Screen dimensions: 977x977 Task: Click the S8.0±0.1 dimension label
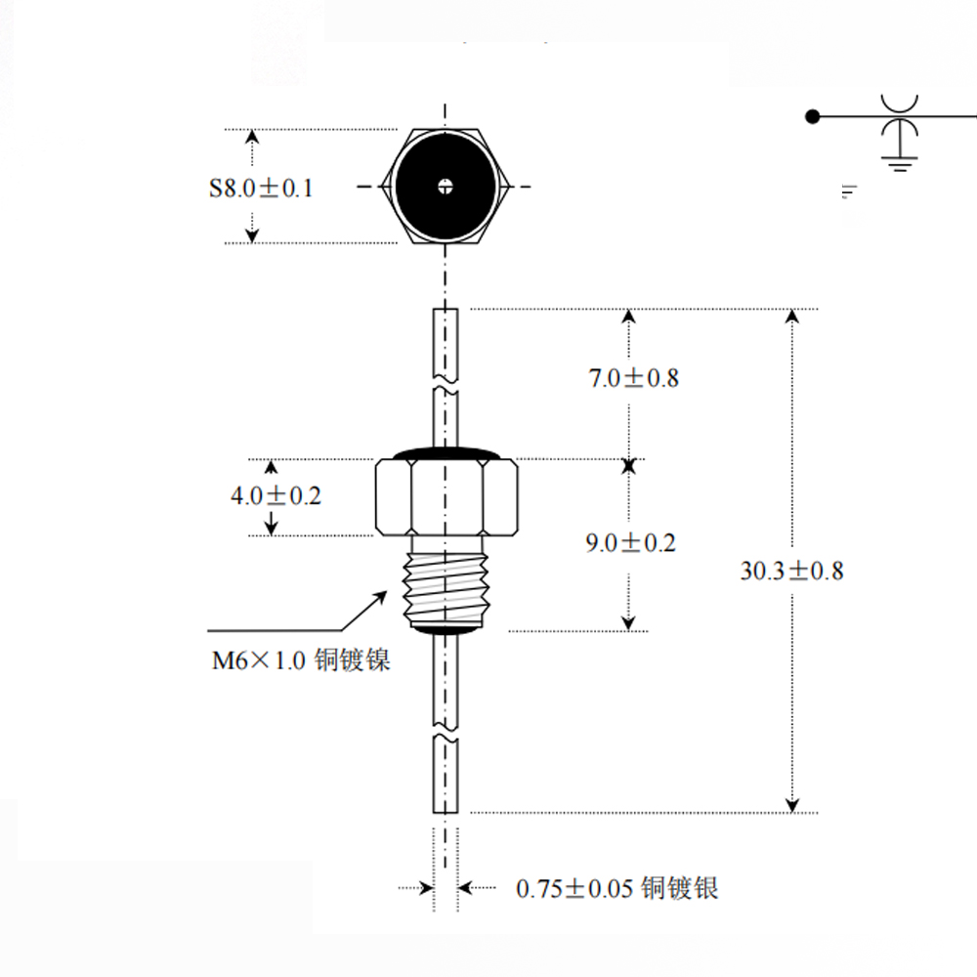click(261, 189)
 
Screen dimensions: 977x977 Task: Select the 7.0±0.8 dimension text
click(634, 378)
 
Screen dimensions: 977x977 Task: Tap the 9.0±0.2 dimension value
click(630, 542)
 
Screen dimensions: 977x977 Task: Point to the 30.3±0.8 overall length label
click(791, 571)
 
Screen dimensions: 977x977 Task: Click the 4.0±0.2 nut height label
click(276, 496)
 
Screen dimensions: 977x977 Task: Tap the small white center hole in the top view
click(445, 186)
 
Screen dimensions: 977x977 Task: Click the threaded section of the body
click(445, 588)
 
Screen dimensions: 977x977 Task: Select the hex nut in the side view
click(446, 497)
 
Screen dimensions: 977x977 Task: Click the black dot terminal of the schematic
click(813, 116)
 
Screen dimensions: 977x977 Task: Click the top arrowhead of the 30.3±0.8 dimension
click(792, 316)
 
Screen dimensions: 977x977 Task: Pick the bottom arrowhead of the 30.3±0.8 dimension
click(792, 806)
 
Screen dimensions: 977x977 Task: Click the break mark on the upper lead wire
click(446, 384)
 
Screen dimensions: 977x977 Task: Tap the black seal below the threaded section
click(445, 630)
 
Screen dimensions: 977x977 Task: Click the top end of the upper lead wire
click(446, 309)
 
